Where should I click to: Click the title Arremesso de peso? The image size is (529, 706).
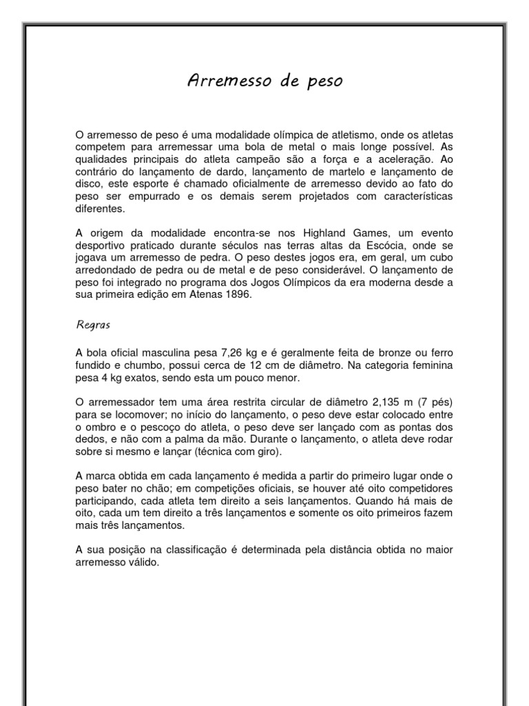click(265, 82)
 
